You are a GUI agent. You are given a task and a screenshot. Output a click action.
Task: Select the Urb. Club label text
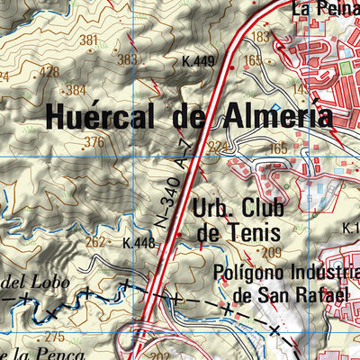pos(238,208)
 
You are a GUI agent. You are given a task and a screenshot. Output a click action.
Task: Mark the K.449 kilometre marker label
pos(198,61)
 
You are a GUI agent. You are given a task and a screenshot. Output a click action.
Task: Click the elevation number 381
pos(88,40)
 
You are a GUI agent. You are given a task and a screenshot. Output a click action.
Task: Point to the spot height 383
pos(129,59)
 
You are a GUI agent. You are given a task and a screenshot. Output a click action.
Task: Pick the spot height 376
pos(94,142)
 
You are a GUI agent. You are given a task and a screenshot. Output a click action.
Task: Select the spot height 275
pos(54,337)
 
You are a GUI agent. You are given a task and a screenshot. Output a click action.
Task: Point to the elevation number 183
pos(261,37)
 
